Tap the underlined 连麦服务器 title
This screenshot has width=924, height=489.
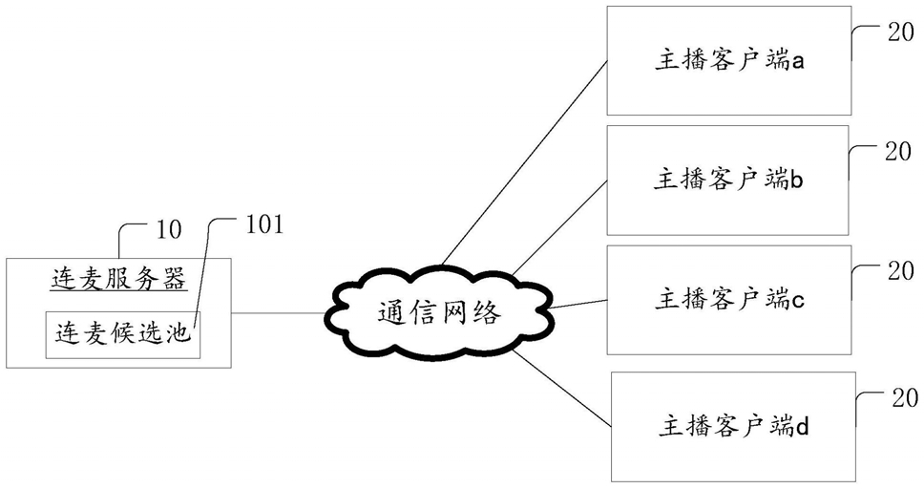click(x=118, y=279)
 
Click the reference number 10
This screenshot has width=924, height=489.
click(x=169, y=229)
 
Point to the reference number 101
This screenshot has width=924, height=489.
click(x=264, y=224)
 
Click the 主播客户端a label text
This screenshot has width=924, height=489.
click(x=729, y=61)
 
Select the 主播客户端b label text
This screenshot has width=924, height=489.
click(x=727, y=180)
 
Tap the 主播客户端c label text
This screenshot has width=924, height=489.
click(x=729, y=299)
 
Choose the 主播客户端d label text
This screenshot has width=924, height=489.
click(x=733, y=425)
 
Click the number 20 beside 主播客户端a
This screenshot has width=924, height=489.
click(x=900, y=32)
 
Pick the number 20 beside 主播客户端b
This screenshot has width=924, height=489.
click(x=898, y=152)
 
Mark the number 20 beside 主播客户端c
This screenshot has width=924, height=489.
click(x=900, y=270)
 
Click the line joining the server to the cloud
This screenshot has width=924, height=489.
click(x=278, y=312)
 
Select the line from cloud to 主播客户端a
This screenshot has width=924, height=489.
click(x=524, y=162)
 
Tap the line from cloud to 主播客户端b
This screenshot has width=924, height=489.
click(x=559, y=227)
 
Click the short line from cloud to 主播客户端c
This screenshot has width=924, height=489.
click(x=578, y=305)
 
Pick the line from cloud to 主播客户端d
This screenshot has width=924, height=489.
click(x=562, y=388)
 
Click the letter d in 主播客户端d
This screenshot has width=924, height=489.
click(x=802, y=425)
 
